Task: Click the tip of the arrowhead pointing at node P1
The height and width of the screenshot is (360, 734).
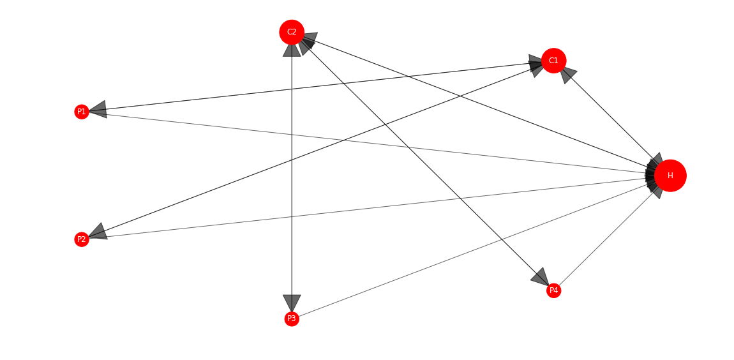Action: click(x=89, y=111)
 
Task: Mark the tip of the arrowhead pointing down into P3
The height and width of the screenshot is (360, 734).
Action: click(x=292, y=311)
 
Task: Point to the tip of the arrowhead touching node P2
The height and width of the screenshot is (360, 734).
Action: click(x=89, y=237)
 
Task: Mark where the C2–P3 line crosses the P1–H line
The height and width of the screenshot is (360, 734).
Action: click(x=292, y=135)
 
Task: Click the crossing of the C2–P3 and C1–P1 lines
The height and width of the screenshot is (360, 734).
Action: click(x=292, y=88)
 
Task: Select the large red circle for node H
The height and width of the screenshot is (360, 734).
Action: click(x=670, y=176)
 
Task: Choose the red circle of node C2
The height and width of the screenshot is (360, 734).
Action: click(x=292, y=33)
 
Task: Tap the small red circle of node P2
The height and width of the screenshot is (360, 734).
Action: click(x=82, y=239)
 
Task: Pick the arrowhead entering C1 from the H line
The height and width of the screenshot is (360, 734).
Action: click(x=567, y=74)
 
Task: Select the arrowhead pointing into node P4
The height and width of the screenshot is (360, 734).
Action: click(x=540, y=276)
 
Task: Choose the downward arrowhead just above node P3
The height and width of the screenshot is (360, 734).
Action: click(x=292, y=303)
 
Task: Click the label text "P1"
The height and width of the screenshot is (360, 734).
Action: click(x=82, y=112)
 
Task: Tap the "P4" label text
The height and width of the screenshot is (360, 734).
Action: click(x=554, y=290)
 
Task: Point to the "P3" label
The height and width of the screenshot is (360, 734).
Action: click(x=292, y=319)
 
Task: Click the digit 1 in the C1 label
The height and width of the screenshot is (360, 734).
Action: click(x=556, y=61)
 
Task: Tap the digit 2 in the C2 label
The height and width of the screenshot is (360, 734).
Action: click(x=294, y=32)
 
